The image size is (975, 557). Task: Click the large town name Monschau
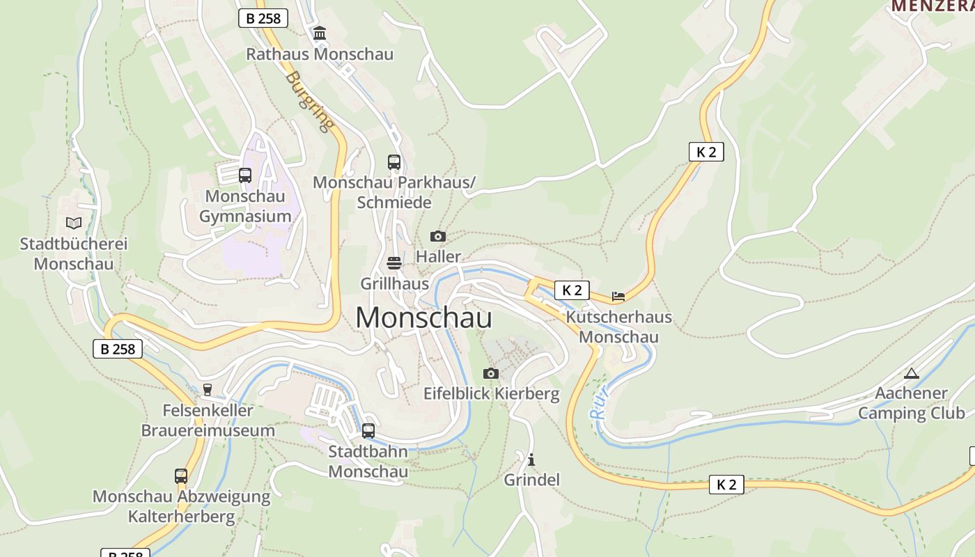(x=423, y=318)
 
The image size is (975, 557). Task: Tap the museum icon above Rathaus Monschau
(x=320, y=33)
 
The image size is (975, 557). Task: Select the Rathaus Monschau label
(x=320, y=54)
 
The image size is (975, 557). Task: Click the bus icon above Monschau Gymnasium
(x=245, y=175)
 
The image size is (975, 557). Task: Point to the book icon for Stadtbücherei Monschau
(x=74, y=223)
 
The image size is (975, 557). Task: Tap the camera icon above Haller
(x=437, y=237)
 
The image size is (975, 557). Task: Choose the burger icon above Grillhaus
(x=394, y=263)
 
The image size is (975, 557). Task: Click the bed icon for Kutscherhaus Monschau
(x=618, y=297)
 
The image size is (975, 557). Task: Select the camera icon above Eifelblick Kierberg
(x=491, y=374)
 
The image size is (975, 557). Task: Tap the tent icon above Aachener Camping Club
(x=912, y=373)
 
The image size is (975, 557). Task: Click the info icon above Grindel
(x=531, y=460)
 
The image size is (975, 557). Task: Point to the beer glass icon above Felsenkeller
(x=207, y=390)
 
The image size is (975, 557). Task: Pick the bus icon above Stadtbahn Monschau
(x=368, y=431)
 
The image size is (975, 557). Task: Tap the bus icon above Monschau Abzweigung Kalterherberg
(x=181, y=476)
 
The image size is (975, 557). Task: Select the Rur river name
(x=599, y=402)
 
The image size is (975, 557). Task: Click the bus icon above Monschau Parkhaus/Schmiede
(x=394, y=162)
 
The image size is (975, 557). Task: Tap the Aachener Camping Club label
(x=911, y=403)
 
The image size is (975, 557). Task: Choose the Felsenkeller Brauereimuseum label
(x=208, y=421)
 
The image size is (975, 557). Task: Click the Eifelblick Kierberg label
(x=491, y=394)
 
